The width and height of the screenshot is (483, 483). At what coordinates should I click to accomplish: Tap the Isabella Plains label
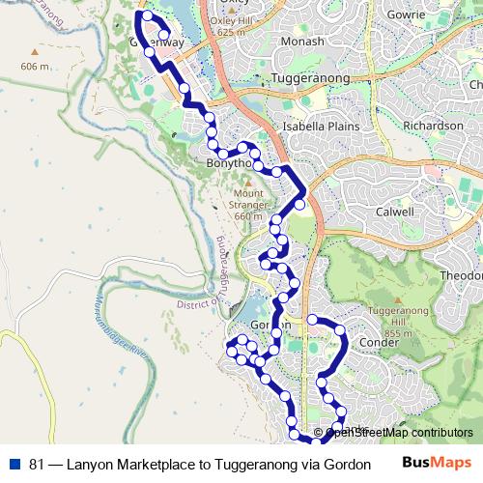click(320, 127)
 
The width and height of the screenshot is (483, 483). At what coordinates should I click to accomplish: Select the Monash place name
click(301, 42)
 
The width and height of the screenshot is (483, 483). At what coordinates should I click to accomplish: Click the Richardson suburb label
click(433, 126)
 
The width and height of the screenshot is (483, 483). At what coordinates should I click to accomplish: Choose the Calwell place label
click(393, 212)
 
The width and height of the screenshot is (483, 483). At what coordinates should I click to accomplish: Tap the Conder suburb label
click(378, 342)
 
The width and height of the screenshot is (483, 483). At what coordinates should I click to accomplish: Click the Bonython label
click(228, 164)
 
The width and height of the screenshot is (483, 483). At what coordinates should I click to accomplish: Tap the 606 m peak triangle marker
click(35, 52)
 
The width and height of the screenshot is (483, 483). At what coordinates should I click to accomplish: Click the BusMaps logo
click(437, 464)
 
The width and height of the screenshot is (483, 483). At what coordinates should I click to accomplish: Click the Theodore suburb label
click(462, 275)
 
